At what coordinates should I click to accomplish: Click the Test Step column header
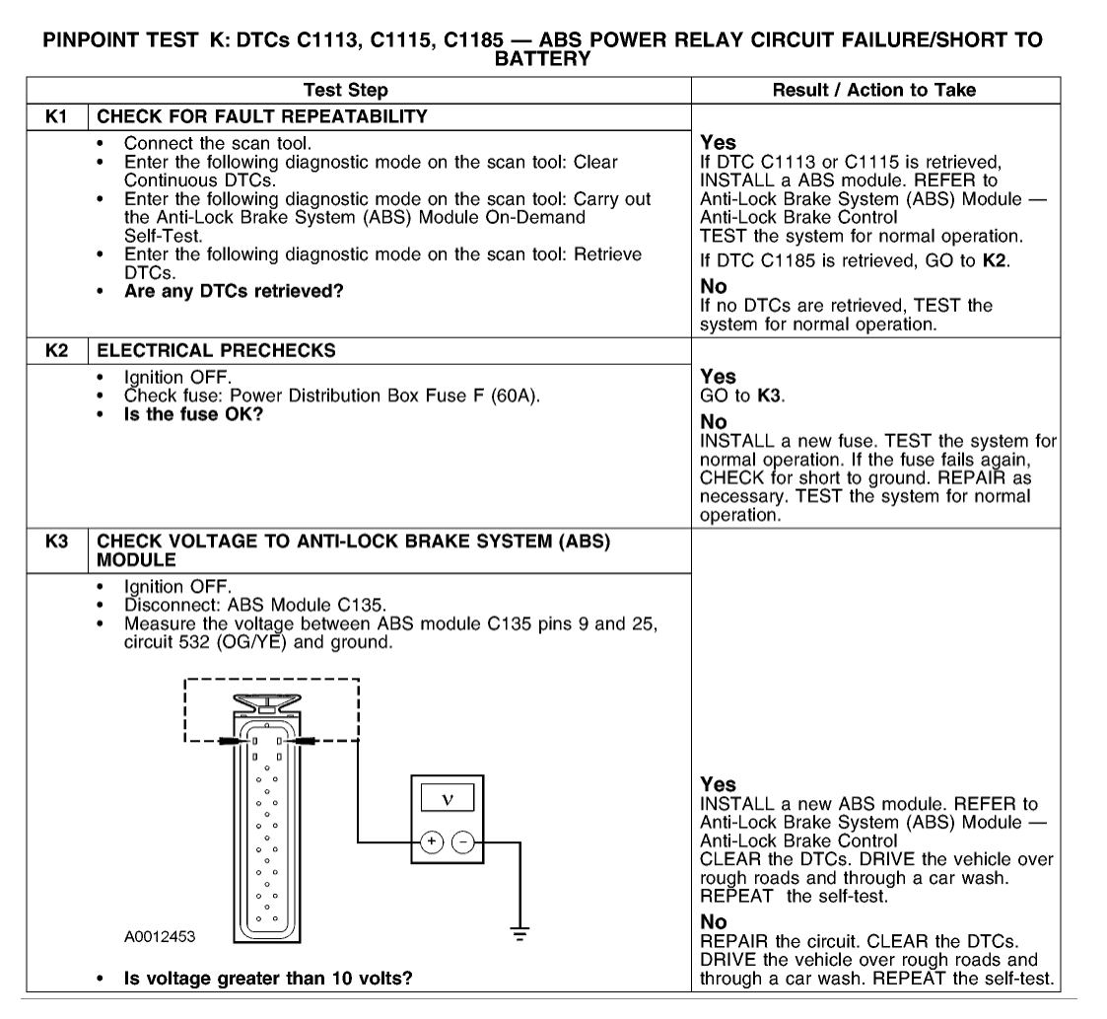tap(346, 90)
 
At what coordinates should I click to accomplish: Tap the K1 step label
tap(56, 115)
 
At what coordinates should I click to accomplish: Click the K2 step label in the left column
tap(56, 350)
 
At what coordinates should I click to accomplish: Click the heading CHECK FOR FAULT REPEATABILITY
tap(262, 115)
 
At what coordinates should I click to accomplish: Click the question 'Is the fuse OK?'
tap(194, 413)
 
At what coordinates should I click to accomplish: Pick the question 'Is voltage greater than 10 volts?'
tap(267, 979)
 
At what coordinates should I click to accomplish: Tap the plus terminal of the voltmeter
tap(430, 841)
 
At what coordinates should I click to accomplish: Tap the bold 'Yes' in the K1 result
tap(717, 142)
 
